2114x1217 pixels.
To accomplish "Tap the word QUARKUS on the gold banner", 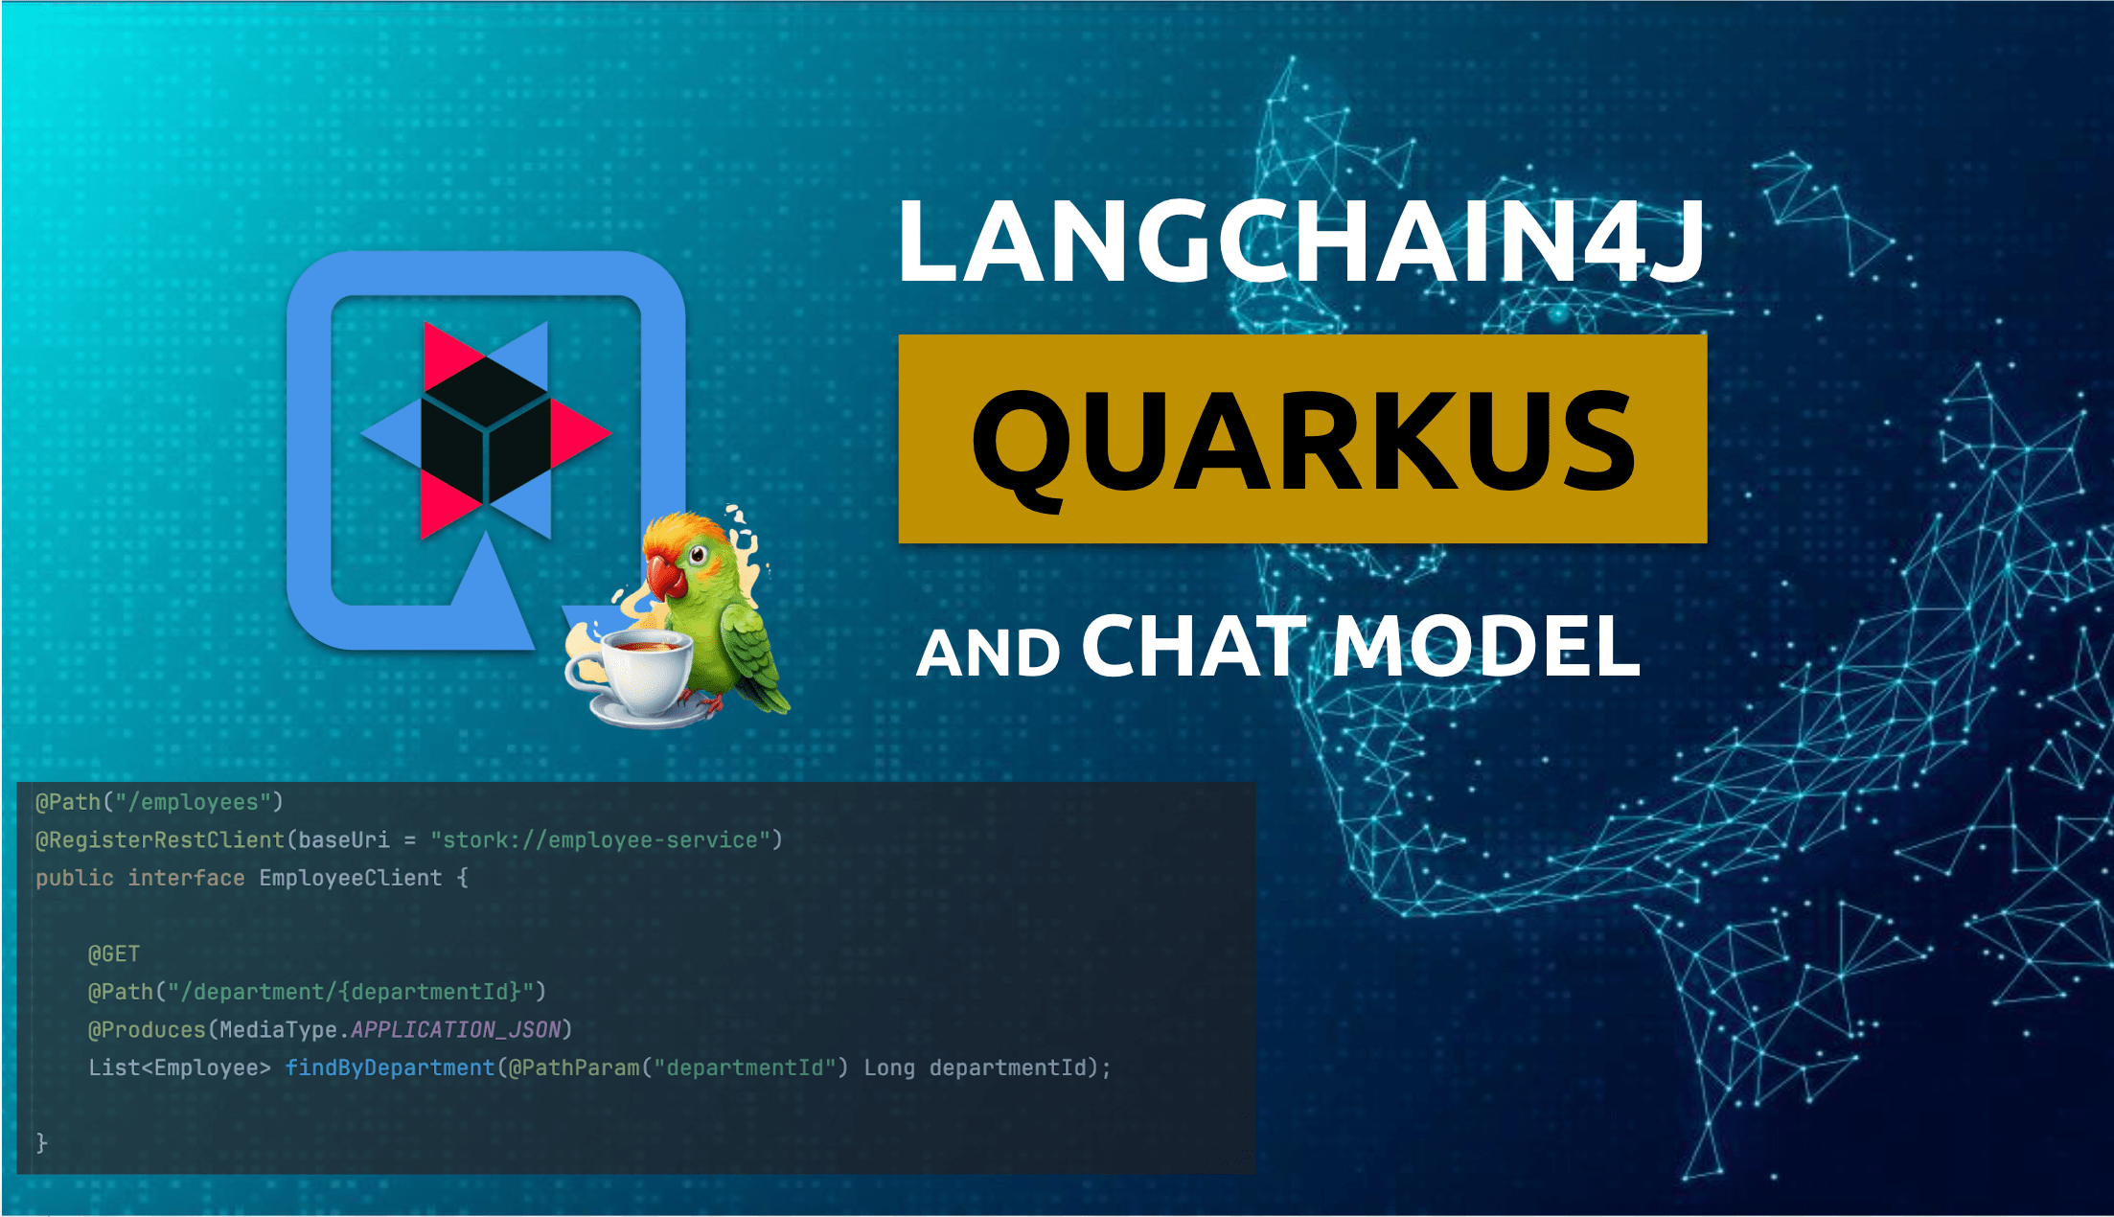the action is tap(1303, 443).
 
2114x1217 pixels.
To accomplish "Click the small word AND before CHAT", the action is tap(988, 654).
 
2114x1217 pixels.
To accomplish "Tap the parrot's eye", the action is tap(699, 553).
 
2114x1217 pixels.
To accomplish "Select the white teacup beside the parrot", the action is tap(632, 676).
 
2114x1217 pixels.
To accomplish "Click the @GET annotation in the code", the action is tap(114, 953).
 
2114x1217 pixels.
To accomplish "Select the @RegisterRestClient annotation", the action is tap(160, 839).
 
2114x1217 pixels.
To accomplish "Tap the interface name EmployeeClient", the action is tap(351, 878).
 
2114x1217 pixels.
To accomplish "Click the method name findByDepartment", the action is tap(390, 1068).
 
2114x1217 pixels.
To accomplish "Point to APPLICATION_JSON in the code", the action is tap(455, 1029).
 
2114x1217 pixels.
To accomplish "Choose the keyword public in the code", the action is tap(75, 878).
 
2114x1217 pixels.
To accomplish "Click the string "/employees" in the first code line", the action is tap(199, 802).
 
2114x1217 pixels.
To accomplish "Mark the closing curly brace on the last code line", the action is tap(41, 1142).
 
